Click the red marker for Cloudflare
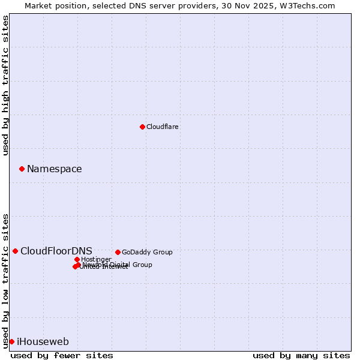[142, 127]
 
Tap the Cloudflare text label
[163, 127]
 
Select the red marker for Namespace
[22, 169]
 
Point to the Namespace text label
[55, 169]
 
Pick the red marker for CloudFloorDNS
[15, 251]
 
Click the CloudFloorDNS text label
[56, 251]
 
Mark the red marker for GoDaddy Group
[118, 252]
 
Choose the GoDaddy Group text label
[147, 253]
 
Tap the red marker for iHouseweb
[11, 341]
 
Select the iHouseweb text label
[43, 342]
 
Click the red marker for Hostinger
[77, 259]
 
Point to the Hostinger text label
[96, 260]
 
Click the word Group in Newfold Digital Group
[141, 265]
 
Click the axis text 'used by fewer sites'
[62, 355]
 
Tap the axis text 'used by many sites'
[301, 355]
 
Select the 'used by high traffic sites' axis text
[6, 85]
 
